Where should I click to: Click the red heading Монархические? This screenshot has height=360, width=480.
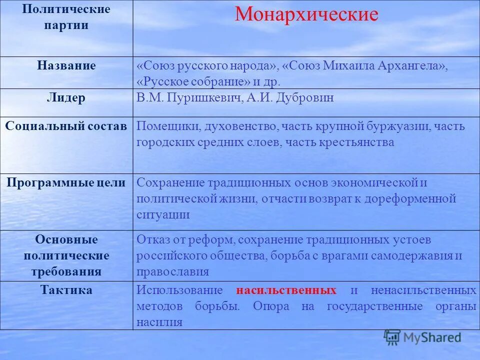(306, 14)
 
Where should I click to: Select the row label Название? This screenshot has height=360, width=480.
(66, 65)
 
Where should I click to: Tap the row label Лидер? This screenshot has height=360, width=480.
(66, 98)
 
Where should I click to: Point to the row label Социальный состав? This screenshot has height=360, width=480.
(66, 126)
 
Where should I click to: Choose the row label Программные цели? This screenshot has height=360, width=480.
(66, 182)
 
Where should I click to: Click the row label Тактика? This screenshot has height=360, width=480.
(66, 290)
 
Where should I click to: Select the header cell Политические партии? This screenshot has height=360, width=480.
(66, 17)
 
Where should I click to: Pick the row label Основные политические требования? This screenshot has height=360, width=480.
(66, 255)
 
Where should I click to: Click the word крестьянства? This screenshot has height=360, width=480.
(354, 142)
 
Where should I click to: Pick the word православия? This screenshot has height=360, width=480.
(172, 272)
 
